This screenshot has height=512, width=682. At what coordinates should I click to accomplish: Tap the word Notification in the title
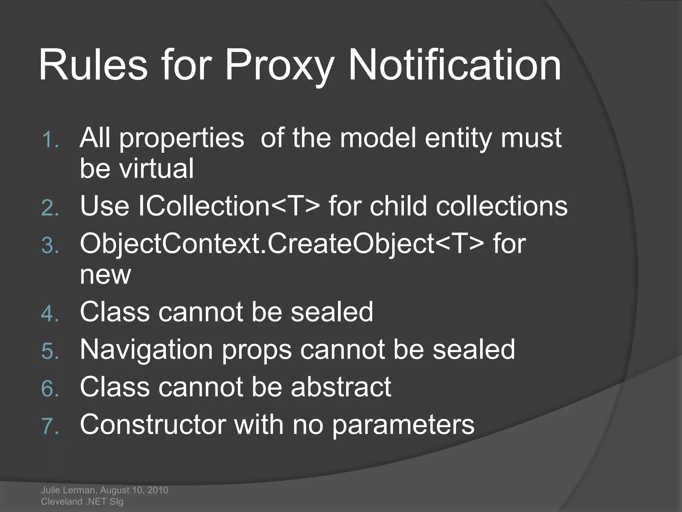click(455, 65)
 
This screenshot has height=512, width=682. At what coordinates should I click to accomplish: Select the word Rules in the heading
click(93, 65)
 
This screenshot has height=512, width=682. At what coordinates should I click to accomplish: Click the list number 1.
click(50, 139)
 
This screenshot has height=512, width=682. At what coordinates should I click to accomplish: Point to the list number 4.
click(50, 314)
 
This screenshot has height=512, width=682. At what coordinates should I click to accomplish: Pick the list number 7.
click(50, 426)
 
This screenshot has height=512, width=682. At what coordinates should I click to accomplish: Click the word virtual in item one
click(157, 168)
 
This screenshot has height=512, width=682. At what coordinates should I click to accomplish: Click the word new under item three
click(105, 275)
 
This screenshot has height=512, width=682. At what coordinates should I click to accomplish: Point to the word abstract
click(341, 387)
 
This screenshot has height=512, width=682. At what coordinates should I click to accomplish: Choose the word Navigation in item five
click(146, 350)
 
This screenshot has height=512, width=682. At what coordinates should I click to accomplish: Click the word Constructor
click(153, 425)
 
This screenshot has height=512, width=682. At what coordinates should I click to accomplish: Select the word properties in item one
click(182, 138)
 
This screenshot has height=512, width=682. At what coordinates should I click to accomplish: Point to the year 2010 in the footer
click(158, 490)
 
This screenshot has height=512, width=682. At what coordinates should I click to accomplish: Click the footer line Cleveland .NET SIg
click(82, 501)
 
